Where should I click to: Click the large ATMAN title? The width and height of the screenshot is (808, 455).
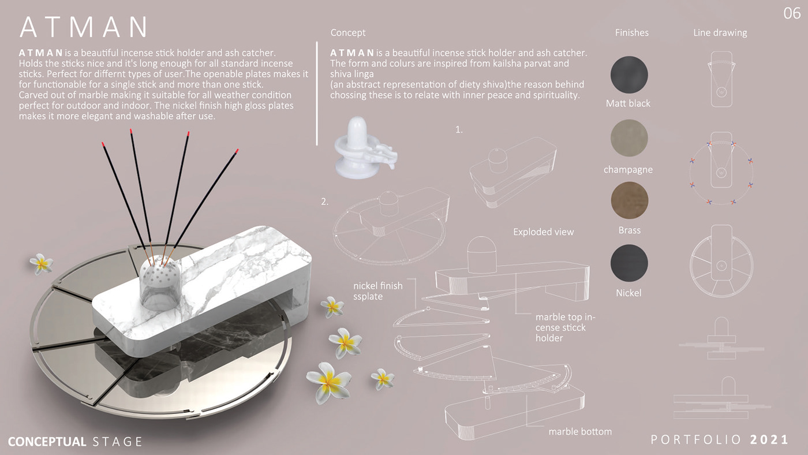(x=84, y=27)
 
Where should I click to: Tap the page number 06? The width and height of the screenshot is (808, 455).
(x=792, y=14)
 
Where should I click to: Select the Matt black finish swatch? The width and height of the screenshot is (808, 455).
(x=629, y=74)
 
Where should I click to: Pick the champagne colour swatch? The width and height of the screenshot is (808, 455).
(x=629, y=138)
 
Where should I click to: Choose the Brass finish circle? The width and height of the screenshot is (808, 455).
(x=630, y=200)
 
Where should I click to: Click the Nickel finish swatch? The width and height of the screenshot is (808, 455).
(x=629, y=263)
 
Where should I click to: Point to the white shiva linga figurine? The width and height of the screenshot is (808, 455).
(x=365, y=147)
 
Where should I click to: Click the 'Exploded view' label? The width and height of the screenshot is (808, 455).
(x=543, y=232)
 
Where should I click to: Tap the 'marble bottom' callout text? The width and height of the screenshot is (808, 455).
(x=580, y=431)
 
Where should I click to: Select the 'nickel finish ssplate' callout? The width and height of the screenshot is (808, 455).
(x=377, y=291)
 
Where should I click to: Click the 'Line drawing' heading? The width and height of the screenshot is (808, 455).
(x=720, y=33)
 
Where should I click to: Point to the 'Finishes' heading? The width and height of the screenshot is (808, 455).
(x=631, y=32)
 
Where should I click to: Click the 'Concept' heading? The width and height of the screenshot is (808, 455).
(x=347, y=32)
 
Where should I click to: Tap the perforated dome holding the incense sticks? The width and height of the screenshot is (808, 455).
(x=160, y=284)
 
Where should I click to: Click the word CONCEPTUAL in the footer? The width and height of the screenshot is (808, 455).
(x=47, y=442)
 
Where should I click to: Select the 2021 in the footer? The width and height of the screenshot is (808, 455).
(x=769, y=440)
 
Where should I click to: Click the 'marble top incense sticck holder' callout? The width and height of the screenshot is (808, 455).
(x=565, y=327)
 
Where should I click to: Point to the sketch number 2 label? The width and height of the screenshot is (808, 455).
(x=324, y=202)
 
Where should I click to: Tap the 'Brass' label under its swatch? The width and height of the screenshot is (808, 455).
(x=630, y=230)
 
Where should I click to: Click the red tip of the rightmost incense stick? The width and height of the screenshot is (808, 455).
(x=237, y=151)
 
